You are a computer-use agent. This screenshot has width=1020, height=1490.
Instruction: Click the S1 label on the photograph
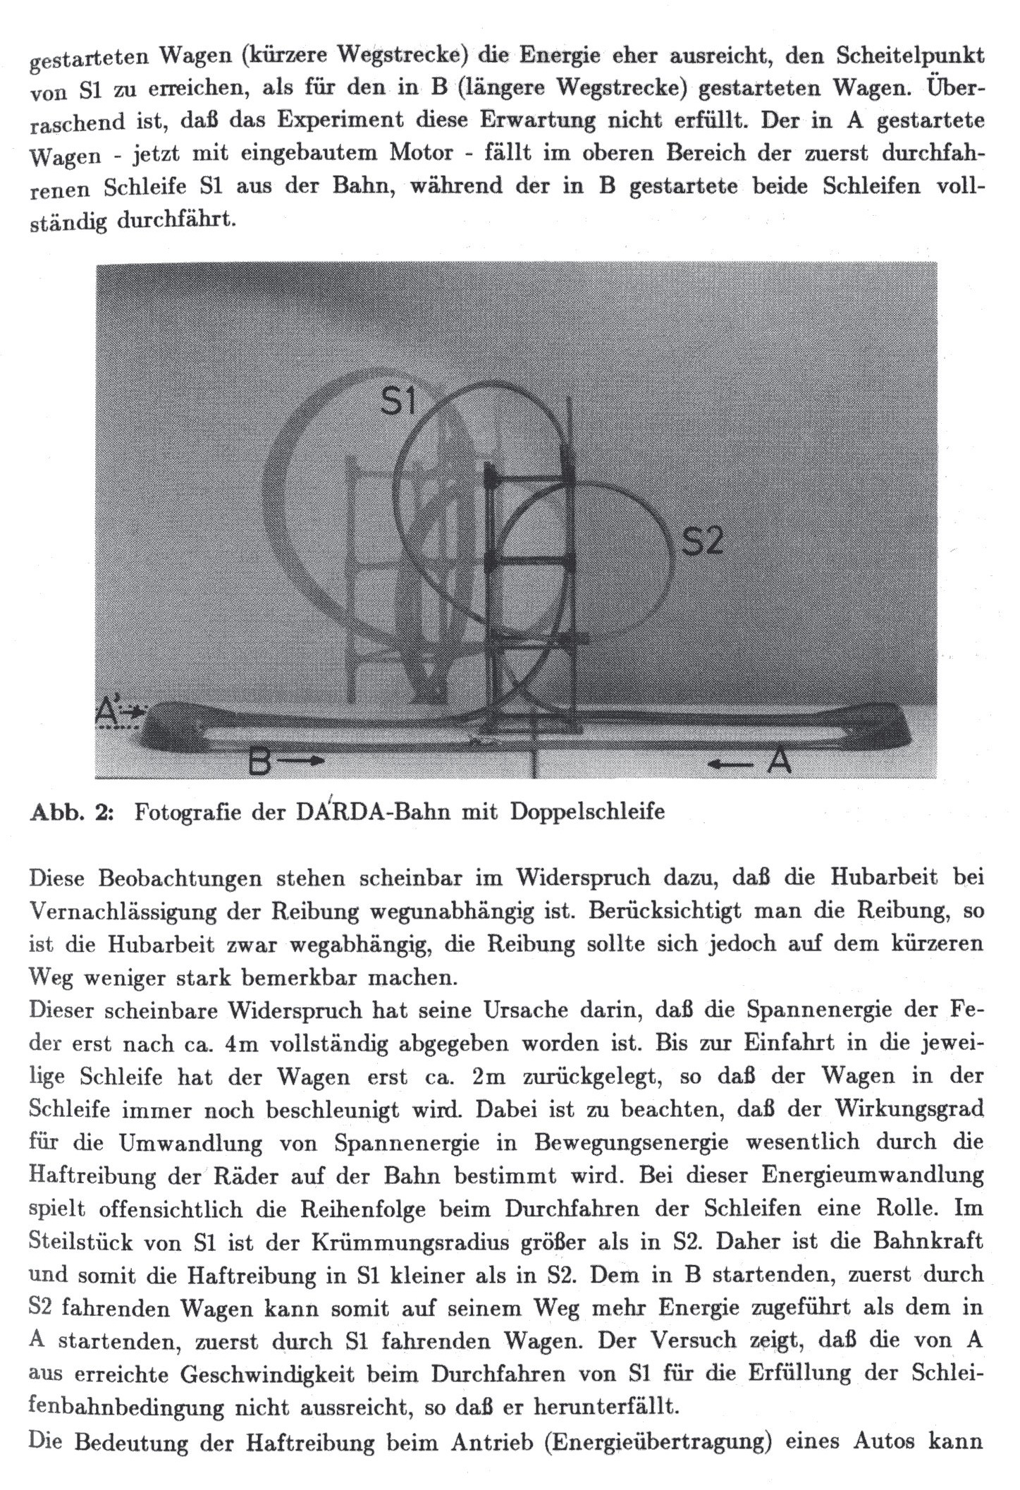[399, 403]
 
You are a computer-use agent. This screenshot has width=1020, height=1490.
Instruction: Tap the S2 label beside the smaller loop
[703, 542]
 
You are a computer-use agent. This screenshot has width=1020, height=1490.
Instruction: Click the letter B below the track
[260, 762]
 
